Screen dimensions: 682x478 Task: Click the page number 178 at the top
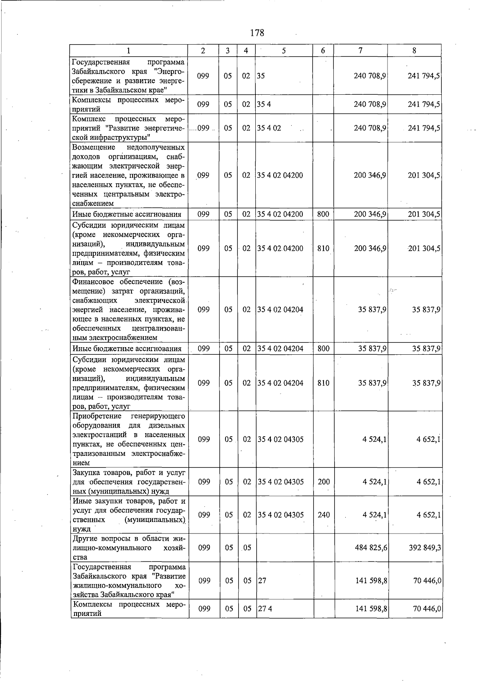pos(257,33)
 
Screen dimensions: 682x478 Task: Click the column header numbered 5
pos(284,51)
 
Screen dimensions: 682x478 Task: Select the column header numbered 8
pos(415,51)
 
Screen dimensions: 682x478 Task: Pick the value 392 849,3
pos(425,548)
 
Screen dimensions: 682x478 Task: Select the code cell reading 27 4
pos(264,609)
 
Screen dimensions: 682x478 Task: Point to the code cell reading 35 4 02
pos(269,128)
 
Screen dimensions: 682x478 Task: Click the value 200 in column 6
pos(324,482)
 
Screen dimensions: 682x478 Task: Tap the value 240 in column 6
pos(324,515)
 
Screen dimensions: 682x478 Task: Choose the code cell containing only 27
pos(262,580)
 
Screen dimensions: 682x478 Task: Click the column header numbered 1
pos(129,51)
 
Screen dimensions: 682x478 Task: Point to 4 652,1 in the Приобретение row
pos(428,439)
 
